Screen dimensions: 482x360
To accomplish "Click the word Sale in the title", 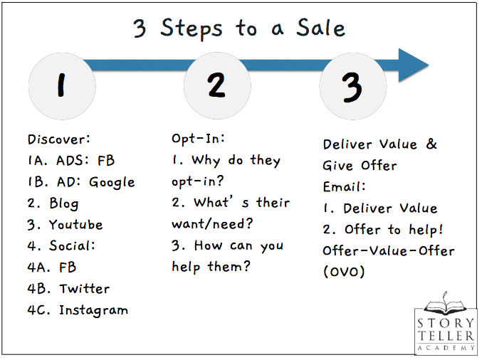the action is click(x=320, y=28).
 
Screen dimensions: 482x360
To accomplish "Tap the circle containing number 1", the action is click(x=62, y=86).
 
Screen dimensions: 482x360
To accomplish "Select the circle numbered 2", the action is click(x=217, y=85).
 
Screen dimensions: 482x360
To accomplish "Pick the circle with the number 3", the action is click(x=353, y=86).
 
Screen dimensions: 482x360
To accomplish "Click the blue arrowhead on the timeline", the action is click(x=412, y=65).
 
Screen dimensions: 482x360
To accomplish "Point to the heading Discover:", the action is click(x=58, y=139).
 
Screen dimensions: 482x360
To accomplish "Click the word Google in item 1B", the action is click(x=112, y=183).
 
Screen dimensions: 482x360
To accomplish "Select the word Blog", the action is click(x=64, y=203).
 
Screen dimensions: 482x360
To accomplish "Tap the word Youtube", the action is click(x=76, y=225).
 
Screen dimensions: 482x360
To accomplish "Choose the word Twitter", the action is click(x=85, y=288).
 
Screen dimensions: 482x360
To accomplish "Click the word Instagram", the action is click(x=94, y=310).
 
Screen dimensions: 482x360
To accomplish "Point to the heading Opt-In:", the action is click(x=198, y=139).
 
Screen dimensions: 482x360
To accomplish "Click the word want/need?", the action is click(x=212, y=223).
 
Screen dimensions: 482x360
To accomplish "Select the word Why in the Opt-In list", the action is click(x=206, y=161).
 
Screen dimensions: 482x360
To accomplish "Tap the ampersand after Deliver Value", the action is click(x=431, y=144).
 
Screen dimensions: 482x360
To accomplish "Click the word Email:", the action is click(x=345, y=186).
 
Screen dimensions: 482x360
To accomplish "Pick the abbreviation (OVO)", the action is click(x=344, y=272).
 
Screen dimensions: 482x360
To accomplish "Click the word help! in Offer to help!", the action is click(x=426, y=230).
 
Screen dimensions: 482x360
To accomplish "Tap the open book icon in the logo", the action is click(x=445, y=305).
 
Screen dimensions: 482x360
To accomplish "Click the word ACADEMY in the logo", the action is click(x=446, y=348).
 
